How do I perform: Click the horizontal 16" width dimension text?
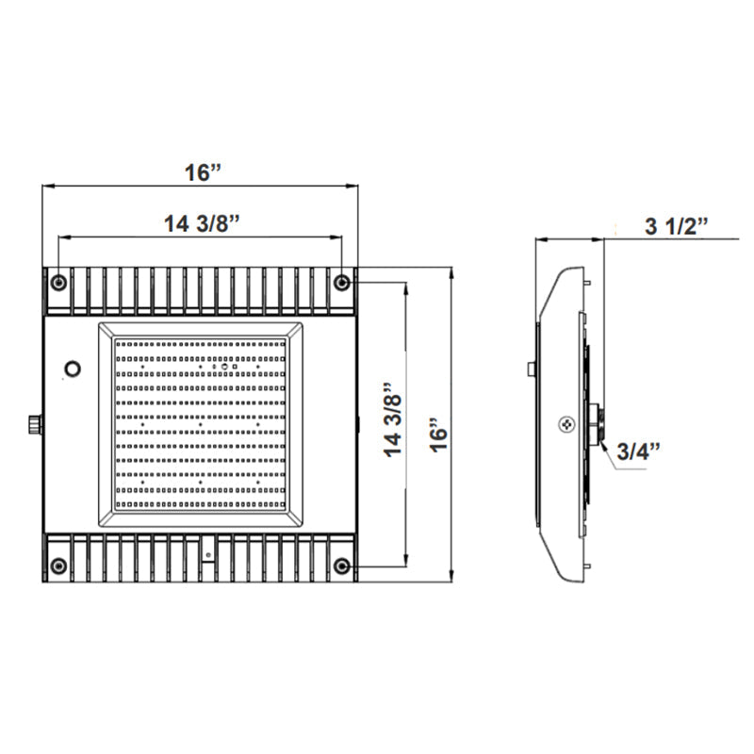click(x=202, y=172)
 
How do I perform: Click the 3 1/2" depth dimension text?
click(x=676, y=225)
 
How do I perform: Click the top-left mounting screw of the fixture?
click(x=58, y=282)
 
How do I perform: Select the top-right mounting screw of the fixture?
click(x=343, y=282)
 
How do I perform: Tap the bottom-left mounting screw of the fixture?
click(x=58, y=565)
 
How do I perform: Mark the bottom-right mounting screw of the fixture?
click(x=343, y=565)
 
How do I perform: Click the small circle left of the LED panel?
click(x=72, y=367)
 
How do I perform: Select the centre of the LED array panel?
click(x=201, y=423)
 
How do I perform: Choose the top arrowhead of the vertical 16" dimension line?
click(x=452, y=271)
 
